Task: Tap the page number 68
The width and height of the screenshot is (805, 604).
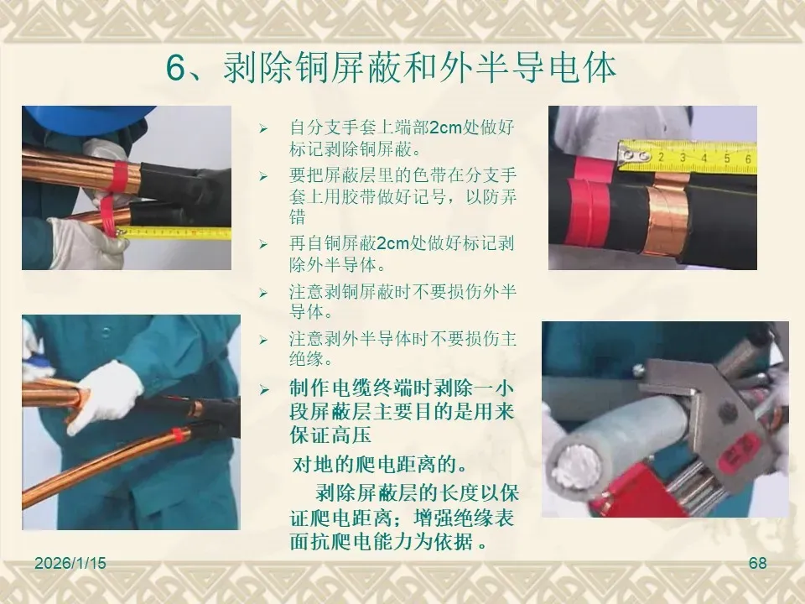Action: (758, 563)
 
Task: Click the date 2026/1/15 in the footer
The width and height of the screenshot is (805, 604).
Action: (70, 563)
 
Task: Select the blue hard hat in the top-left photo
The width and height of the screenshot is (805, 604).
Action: (87, 119)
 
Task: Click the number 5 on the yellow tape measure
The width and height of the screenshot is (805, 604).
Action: (727, 158)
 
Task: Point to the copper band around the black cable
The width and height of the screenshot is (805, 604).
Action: (667, 219)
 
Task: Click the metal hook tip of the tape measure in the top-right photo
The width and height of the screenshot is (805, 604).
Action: (627, 154)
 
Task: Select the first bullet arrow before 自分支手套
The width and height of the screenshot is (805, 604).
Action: (263, 128)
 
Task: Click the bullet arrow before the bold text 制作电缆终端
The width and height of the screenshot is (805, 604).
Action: (264, 390)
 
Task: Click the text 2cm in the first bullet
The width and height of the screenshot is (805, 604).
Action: (445, 128)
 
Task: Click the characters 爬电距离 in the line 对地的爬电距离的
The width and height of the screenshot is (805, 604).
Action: (403, 465)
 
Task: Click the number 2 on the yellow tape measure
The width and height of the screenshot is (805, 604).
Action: (662, 157)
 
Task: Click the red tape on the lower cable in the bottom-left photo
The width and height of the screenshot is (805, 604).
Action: (178, 435)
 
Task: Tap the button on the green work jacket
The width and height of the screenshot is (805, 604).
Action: (106, 332)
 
